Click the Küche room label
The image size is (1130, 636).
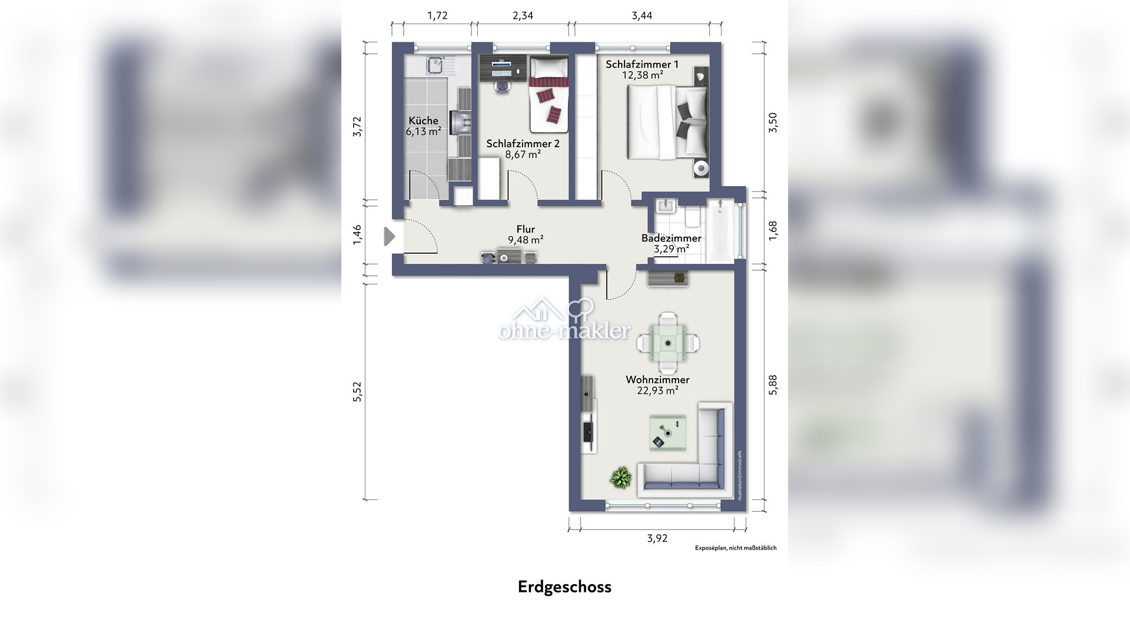[x=424, y=121]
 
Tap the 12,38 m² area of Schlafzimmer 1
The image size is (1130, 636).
[x=643, y=75]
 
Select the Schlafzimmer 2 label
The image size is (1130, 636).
[x=523, y=144]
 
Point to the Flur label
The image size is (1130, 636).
[x=526, y=229]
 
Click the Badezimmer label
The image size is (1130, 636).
[x=671, y=238]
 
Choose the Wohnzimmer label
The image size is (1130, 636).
[x=657, y=380]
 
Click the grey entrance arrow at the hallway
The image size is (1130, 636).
[x=390, y=237]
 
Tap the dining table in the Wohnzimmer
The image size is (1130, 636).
[x=668, y=342]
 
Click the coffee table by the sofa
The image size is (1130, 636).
[x=667, y=433]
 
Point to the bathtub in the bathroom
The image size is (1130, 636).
[x=721, y=230]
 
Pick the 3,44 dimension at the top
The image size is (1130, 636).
[x=642, y=16]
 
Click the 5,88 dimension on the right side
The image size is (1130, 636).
[x=773, y=385]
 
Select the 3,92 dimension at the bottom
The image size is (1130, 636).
[x=657, y=538]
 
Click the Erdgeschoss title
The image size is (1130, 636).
[x=564, y=587]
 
